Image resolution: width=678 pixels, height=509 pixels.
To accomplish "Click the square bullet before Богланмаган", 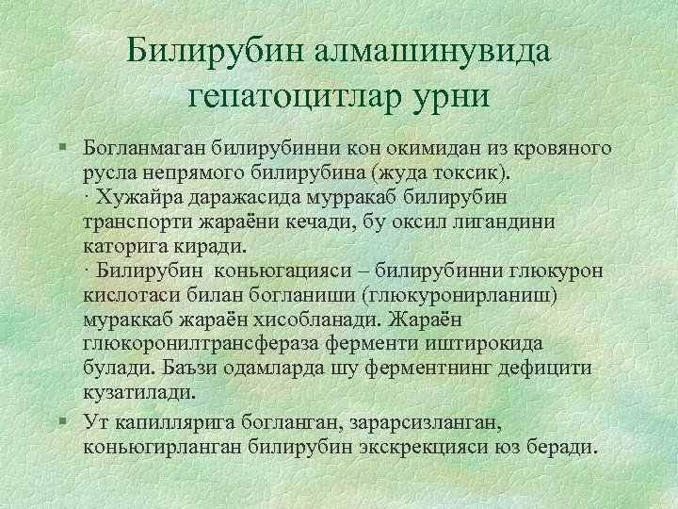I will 60,148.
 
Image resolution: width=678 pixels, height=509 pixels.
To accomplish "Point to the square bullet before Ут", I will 60,419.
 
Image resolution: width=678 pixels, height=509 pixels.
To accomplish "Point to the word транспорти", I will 137,222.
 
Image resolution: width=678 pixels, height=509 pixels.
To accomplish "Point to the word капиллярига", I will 166,419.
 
